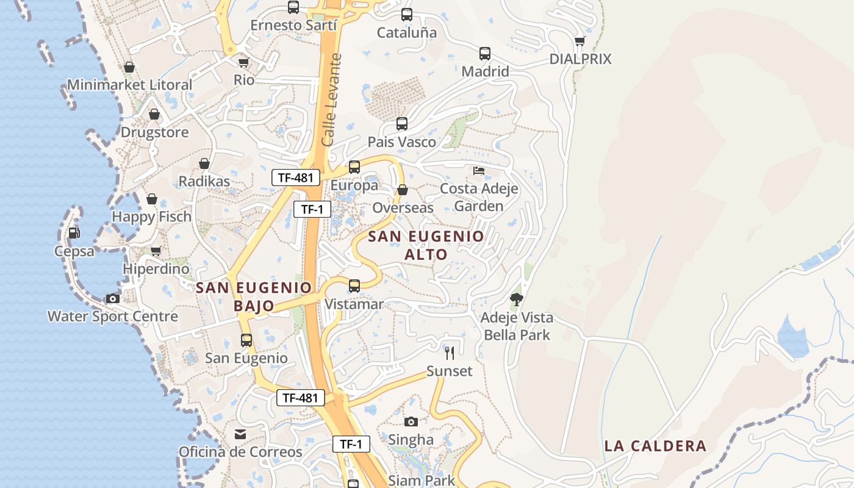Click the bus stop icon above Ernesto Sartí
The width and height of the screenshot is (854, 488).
(x=293, y=7)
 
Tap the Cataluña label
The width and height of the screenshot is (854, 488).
(x=407, y=33)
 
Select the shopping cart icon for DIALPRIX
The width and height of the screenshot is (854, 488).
(x=579, y=41)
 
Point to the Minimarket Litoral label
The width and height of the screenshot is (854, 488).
(x=129, y=85)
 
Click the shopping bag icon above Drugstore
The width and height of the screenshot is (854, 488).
(x=154, y=114)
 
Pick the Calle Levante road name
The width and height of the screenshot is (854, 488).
(x=332, y=99)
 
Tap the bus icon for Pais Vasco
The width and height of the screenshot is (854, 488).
(x=401, y=124)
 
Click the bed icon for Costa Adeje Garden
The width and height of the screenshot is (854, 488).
(x=479, y=170)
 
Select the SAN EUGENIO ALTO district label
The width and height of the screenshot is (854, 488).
(x=426, y=245)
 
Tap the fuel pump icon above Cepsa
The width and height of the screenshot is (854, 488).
(x=74, y=232)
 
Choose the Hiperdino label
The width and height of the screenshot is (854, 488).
(x=156, y=269)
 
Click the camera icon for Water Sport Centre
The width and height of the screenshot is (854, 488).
(x=113, y=298)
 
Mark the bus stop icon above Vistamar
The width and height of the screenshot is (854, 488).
(x=354, y=285)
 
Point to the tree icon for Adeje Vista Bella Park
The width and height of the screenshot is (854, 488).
(x=517, y=299)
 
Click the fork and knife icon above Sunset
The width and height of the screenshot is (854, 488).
(x=450, y=353)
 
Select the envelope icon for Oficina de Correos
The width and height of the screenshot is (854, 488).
(x=240, y=434)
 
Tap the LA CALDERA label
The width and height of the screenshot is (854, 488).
(x=655, y=446)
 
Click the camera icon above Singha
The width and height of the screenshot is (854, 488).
(x=411, y=422)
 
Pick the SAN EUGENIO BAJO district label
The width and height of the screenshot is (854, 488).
(x=254, y=296)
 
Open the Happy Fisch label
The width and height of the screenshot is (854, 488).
(x=151, y=217)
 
